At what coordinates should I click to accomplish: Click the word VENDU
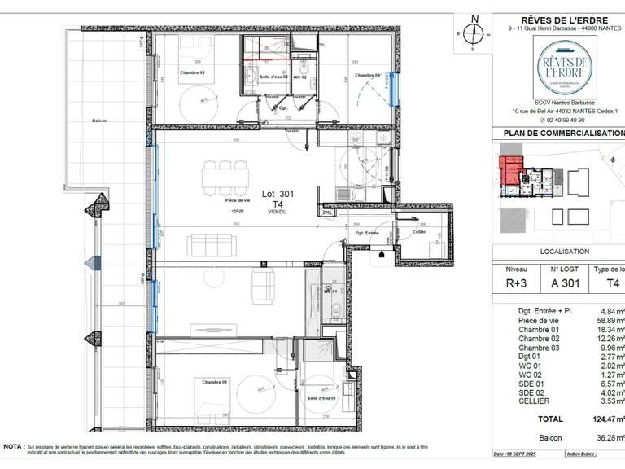[x=278, y=212]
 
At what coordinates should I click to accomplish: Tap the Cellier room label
[x=419, y=233]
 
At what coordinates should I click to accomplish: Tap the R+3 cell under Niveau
[x=516, y=283]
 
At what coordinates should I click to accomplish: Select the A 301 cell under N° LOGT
[x=565, y=283]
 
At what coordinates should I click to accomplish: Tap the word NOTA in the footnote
[x=13, y=447]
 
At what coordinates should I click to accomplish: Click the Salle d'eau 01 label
[x=321, y=398]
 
